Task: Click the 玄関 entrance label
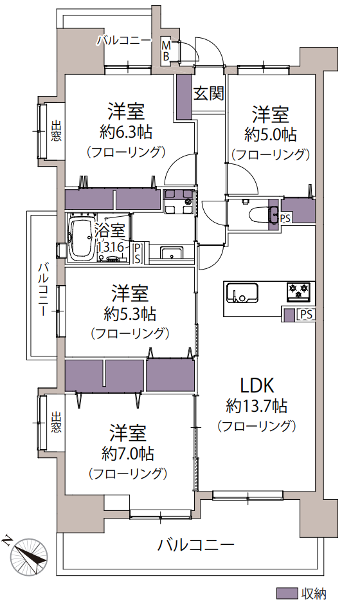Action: [208, 93]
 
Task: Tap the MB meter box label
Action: [166, 50]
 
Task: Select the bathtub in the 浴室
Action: [81, 237]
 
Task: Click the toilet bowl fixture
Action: [260, 213]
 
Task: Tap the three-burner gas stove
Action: [298, 291]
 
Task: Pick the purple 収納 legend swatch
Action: [287, 593]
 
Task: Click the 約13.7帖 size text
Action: [256, 407]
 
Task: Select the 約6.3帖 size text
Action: [125, 133]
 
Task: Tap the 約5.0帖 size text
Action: [271, 134]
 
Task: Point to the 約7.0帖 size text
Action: [128, 453]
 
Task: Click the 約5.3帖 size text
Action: [130, 313]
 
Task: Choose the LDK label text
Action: [257, 386]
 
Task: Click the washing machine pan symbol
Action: [179, 201]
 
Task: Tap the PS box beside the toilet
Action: [285, 218]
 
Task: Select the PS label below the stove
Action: [306, 314]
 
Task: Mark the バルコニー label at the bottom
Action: [195, 545]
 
